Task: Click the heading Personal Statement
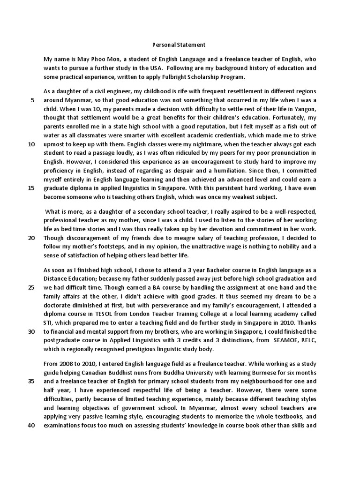[180, 45]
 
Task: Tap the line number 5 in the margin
[32, 100]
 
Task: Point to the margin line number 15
[31, 187]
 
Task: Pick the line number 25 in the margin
[31, 287]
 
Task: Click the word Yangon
[307, 109]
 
